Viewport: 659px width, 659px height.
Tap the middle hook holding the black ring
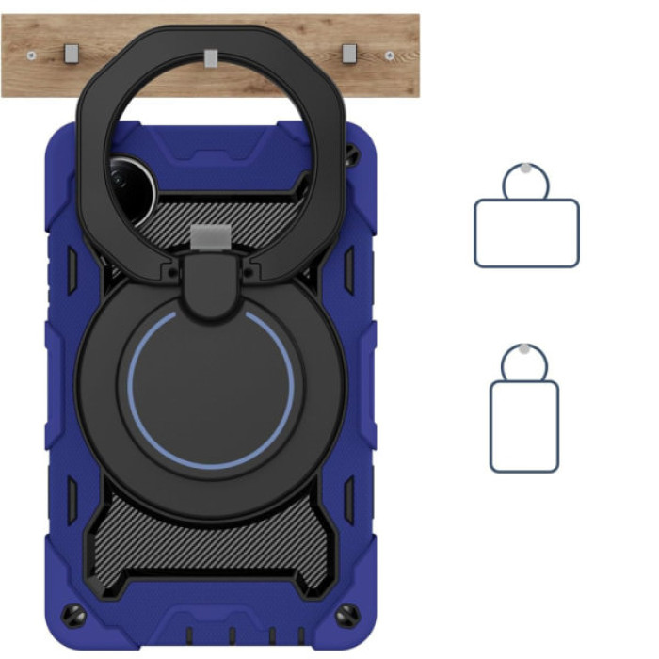click(x=211, y=58)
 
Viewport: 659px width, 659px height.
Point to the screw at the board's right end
click(x=390, y=56)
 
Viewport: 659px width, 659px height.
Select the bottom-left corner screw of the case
click(x=71, y=616)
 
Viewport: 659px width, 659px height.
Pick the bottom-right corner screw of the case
click(x=349, y=616)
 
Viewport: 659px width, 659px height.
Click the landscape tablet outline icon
click(x=526, y=233)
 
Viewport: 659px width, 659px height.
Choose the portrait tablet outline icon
click(x=524, y=426)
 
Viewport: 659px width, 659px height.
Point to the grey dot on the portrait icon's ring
click(x=523, y=349)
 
